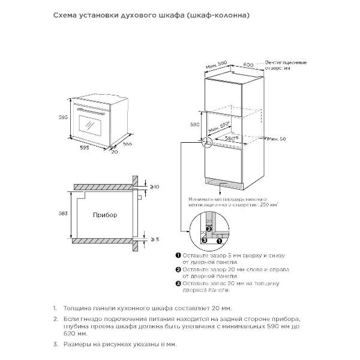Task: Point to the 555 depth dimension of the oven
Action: tap(127, 144)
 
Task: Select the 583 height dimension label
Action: tap(65, 213)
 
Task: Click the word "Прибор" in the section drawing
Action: tap(105, 214)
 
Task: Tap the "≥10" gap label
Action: tap(154, 187)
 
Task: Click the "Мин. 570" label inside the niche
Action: tap(220, 128)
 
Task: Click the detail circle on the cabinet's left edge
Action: tap(208, 142)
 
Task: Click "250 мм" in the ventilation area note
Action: tap(268, 204)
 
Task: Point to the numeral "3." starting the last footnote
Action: tap(55, 344)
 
